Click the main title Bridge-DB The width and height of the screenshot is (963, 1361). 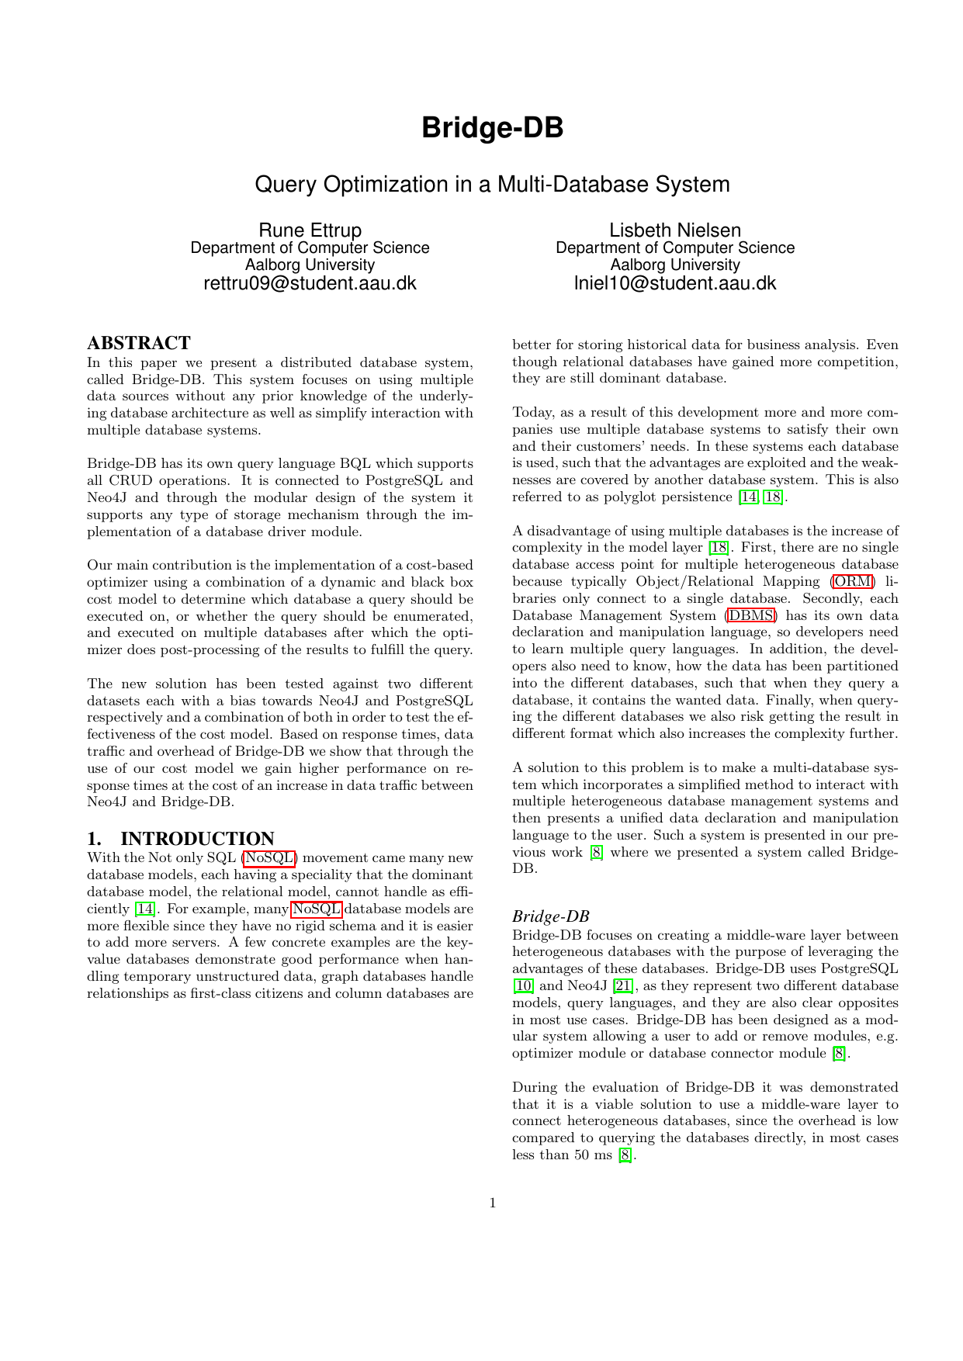(x=492, y=128)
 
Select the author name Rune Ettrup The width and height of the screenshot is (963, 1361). (x=310, y=230)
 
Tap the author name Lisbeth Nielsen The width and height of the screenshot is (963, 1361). (x=675, y=230)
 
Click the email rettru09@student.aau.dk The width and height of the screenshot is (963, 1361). (x=310, y=283)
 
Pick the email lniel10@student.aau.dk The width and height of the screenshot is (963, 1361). (x=675, y=283)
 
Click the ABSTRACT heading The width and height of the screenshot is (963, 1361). (x=139, y=343)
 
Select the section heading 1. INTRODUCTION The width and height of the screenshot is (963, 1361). (x=181, y=839)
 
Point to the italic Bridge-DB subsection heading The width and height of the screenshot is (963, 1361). (x=550, y=916)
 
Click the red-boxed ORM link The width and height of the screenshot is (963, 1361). (x=852, y=581)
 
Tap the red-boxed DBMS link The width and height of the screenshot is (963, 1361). (x=750, y=615)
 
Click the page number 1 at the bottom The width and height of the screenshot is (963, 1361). (x=493, y=1203)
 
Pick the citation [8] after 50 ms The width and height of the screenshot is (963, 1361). (x=626, y=1155)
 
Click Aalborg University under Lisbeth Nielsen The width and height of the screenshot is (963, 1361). (x=675, y=265)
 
